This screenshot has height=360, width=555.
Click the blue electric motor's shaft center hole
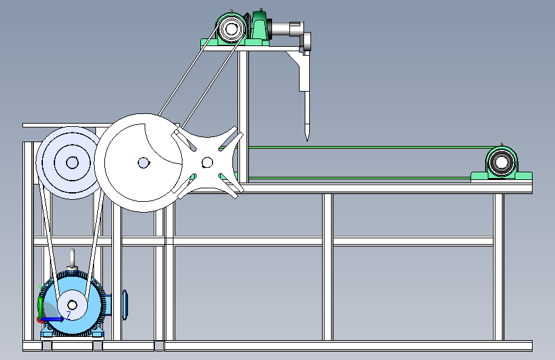pyautogui.click(x=72, y=305)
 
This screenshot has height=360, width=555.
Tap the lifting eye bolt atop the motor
pyautogui.click(x=72, y=258)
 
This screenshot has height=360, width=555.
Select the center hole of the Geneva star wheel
pyautogui.click(x=207, y=163)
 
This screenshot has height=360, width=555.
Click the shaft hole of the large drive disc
pyautogui.click(x=143, y=163)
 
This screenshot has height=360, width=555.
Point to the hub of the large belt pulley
pyautogui.click(x=72, y=163)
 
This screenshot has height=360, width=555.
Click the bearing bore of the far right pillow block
pyautogui.click(x=502, y=163)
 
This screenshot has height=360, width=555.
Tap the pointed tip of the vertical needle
pyautogui.click(x=307, y=139)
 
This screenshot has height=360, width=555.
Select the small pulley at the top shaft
pyautogui.click(x=231, y=29)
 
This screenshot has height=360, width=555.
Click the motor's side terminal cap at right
pyautogui.click(x=125, y=305)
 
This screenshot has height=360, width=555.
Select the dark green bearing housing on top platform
pyautogui.click(x=259, y=26)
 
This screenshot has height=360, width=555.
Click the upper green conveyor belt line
pyautogui.click(x=369, y=147)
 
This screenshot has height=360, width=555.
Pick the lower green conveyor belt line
pyautogui.click(x=360, y=178)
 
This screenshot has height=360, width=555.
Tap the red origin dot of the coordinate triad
pyautogui.click(x=40, y=320)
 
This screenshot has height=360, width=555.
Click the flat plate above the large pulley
pyautogui.click(x=67, y=125)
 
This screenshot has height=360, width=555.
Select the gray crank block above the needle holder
pyautogui.click(x=305, y=42)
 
